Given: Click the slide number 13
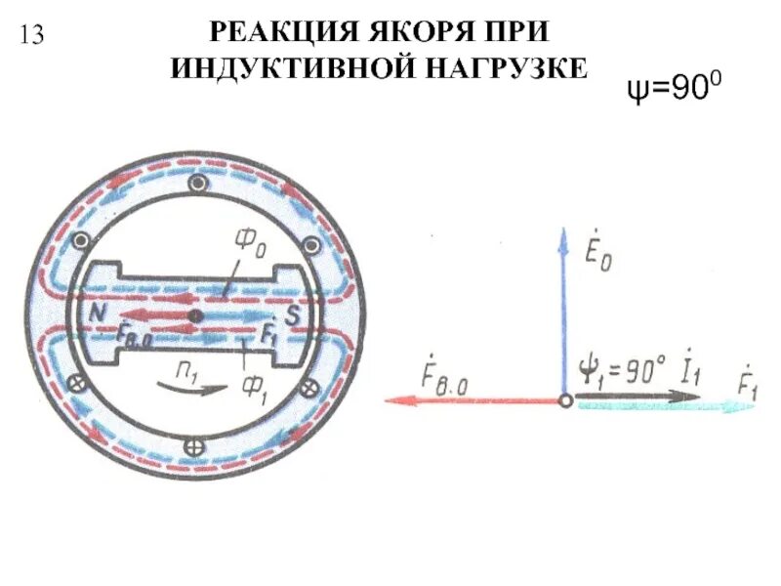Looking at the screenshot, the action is pyautogui.click(x=30, y=35).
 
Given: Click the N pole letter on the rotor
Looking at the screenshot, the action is pyautogui.click(x=99, y=312).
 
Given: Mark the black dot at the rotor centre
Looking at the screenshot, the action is pyautogui.click(x=195, y=314).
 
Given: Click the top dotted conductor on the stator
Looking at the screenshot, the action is pyautogui.click(x=198, y=184).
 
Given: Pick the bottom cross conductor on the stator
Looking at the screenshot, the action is pyautogui.click(x=194, y=446).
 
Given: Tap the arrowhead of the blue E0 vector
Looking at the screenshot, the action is pyautogui.click(x=563, y=237).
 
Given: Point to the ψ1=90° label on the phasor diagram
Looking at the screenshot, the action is pyautogui.click(x=623, y=370).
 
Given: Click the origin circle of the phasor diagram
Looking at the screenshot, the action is pyautogui.click(x=564, y=399).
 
